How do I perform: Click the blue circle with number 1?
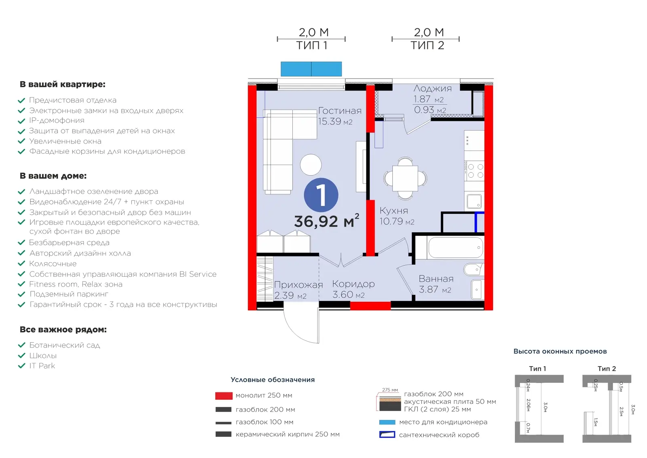coord(321,195)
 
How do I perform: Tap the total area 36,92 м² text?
coord(327,221)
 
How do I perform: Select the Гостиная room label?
coord(340,111)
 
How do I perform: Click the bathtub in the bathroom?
coord(456,248)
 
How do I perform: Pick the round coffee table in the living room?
coord(311,165)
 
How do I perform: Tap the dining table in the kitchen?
coord(405,178)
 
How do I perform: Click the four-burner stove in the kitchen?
coord(474,171)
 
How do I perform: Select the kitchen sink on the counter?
coord(474,201)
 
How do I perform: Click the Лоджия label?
coord(432,89)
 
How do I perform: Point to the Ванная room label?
coord(436,279)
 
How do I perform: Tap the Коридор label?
coord(353,284)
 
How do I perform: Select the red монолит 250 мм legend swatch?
coord(224,396)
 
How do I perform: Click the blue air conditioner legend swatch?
coord(387,422)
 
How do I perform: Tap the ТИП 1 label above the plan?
coord(312,46)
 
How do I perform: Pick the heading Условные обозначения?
coord(273,380)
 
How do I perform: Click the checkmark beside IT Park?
coord(22,366)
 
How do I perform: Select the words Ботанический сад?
coord(65,345)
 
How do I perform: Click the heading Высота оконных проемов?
coord(560,352)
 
